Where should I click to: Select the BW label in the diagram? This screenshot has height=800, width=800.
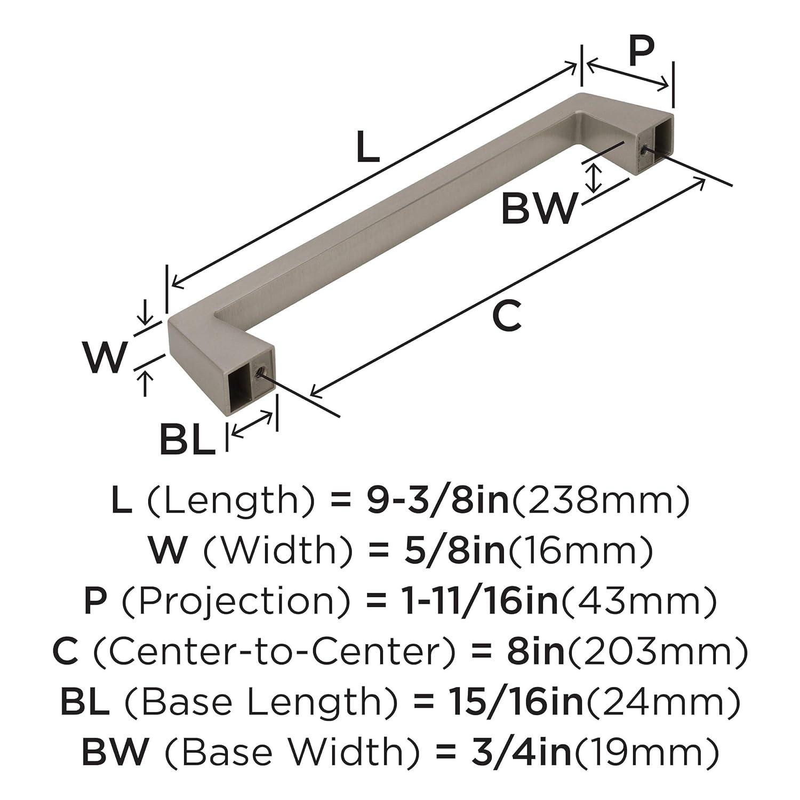click(539, 209)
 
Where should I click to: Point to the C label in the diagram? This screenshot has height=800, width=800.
click(506, 316)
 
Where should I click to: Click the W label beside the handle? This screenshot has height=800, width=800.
click(106, 357)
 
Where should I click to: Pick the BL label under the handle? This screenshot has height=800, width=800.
click(188, 440)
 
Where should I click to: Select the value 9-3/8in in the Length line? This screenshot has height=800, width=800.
click(438, 501)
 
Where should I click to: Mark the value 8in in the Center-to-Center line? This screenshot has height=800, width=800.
click(535, 651)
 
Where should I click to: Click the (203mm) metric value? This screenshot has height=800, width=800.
click(657, 651)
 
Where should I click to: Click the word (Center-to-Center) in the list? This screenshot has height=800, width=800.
click(274, 651)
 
